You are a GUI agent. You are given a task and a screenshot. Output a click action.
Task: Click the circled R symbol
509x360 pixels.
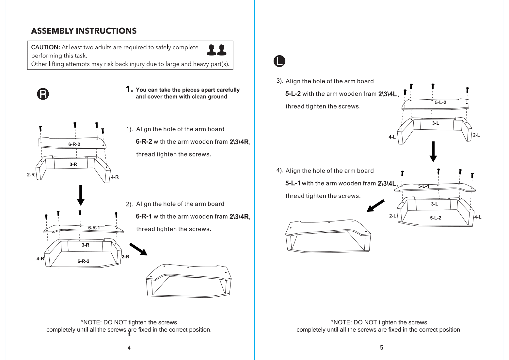click(x=43, y=94)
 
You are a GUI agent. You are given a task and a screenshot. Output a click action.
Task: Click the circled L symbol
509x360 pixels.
click(x=279, y=61)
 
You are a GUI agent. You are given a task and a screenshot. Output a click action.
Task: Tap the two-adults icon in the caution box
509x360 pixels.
click(x=216, y=50)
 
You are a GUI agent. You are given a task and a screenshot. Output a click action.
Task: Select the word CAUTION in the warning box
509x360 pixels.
click(x=45, y=47)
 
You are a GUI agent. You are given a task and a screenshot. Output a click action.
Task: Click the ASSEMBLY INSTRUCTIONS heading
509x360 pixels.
click(x=84, y=31)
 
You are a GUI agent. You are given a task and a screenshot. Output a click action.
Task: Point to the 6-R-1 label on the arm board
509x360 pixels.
click(x=94, y=228)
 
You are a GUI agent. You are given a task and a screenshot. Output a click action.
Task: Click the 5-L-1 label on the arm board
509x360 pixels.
click(x=424, y=186)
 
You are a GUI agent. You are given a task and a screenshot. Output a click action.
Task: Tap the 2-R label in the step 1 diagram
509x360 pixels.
click(x=31, y=175)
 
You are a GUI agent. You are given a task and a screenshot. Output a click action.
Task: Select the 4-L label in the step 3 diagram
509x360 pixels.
click(x=392, y=137)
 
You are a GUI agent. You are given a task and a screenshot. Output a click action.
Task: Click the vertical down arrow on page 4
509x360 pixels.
click(x=81, y=195)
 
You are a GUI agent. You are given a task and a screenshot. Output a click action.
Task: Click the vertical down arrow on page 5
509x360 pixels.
click(x=433, y=152)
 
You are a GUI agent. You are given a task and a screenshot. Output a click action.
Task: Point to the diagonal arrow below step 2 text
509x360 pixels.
click(x=138, y=249)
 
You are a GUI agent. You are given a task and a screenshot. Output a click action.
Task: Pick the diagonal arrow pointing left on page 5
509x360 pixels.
click(x=375, y=205)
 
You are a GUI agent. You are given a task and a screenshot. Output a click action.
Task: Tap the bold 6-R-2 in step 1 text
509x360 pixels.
click(x=144, y=141)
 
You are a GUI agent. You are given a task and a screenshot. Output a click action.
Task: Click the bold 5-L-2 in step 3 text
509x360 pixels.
click(x=293, y=94)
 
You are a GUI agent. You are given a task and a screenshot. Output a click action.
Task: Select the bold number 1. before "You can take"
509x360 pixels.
click(x=129, y=89)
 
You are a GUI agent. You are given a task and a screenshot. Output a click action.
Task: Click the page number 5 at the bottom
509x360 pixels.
click(x=382, y=348)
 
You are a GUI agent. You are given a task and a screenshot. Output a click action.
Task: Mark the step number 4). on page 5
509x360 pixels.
click(x=280, y=170)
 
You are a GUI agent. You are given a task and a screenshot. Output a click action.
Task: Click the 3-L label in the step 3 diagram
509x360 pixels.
click(x=436, y=123)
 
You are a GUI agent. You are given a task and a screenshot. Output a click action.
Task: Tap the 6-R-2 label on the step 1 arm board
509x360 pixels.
click(x=74, y=144)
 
